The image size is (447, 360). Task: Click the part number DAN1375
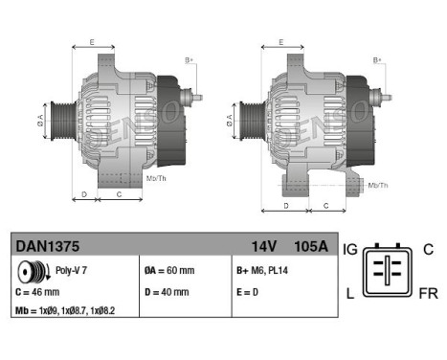point(45,246)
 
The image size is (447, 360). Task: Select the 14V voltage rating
point(261,246)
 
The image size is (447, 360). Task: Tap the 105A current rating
point(309,246)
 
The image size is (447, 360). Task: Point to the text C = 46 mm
point(38,292)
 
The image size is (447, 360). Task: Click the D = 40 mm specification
point(166,292)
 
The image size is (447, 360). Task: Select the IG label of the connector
point(350,248)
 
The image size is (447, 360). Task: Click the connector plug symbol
point(391,271)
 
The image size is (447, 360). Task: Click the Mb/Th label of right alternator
point(378,184)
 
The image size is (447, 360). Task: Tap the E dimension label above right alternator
point(279,43)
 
